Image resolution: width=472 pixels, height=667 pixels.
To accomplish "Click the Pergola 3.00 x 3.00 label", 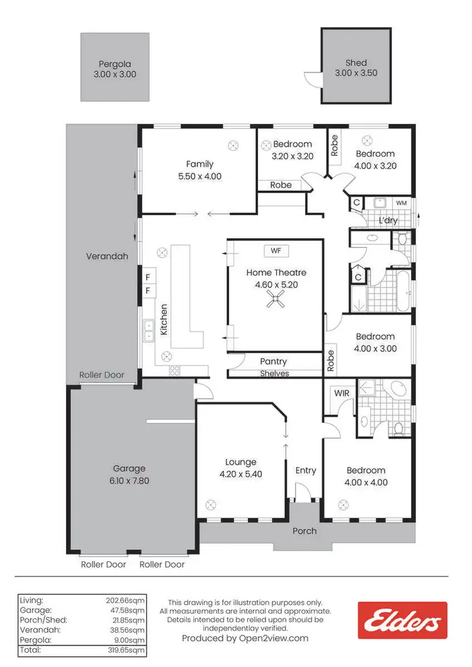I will (115, 69).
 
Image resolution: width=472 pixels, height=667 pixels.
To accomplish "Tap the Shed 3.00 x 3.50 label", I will (356, 69).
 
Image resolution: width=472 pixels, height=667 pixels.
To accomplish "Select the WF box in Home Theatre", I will (276, 251).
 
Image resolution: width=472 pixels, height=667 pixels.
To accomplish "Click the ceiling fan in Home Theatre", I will (276, 303).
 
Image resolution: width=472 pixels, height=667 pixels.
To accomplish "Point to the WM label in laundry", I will (401, 203).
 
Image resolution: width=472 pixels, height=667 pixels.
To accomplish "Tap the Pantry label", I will (274, 362).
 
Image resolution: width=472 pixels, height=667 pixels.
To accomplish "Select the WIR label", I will (342, 393).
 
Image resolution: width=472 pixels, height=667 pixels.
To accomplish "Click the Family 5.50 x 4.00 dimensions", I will (199, 177).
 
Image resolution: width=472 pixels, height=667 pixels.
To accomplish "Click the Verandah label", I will (107, 257).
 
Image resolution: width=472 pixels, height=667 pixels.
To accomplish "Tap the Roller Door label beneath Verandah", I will (101, 375).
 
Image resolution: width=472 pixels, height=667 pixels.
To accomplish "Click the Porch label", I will (305, 531).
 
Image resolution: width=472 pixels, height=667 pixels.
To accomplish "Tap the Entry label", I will (306, 471).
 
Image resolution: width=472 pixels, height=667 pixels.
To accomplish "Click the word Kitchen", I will (164, 320).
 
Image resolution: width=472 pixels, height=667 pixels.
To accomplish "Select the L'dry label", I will (388, 221).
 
